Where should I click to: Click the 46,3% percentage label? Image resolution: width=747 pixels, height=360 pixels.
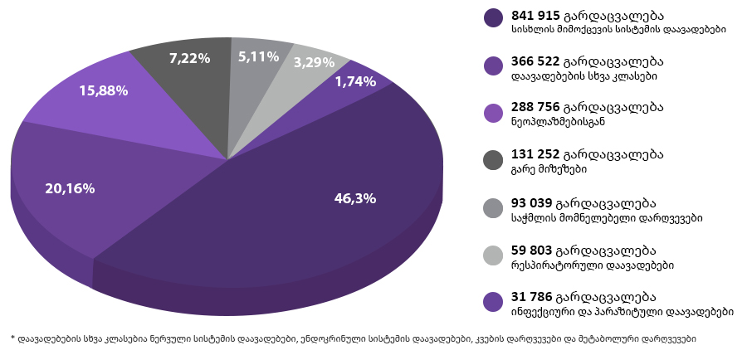[x=355, y=198]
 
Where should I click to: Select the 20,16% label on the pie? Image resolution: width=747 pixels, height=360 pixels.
[x=70, y=188]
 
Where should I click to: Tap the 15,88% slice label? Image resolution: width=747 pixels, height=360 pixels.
[x=103, y=90]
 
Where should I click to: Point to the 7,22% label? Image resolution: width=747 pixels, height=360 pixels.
[x=189, y=58]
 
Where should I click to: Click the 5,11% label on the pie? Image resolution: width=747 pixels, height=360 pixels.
[x=258, y=56]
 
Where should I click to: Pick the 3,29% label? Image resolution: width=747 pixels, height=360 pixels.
[x=314, y=61]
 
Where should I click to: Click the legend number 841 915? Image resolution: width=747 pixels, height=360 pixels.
[x=536, y=15]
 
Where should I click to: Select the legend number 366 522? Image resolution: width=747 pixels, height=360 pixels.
[x=536, y=61]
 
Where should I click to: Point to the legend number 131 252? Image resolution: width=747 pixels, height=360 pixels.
[x=536, y=154]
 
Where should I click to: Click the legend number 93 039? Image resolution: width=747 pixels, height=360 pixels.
[x=532, y=203]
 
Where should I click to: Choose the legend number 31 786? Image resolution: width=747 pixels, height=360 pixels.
[x=532, y=297]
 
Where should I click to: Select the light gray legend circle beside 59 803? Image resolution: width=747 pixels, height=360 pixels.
[x=494, y=255]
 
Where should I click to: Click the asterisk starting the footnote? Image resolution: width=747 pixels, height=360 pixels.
[x=13, y=338]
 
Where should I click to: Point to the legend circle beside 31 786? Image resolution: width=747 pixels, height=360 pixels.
[x=494, y=301]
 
